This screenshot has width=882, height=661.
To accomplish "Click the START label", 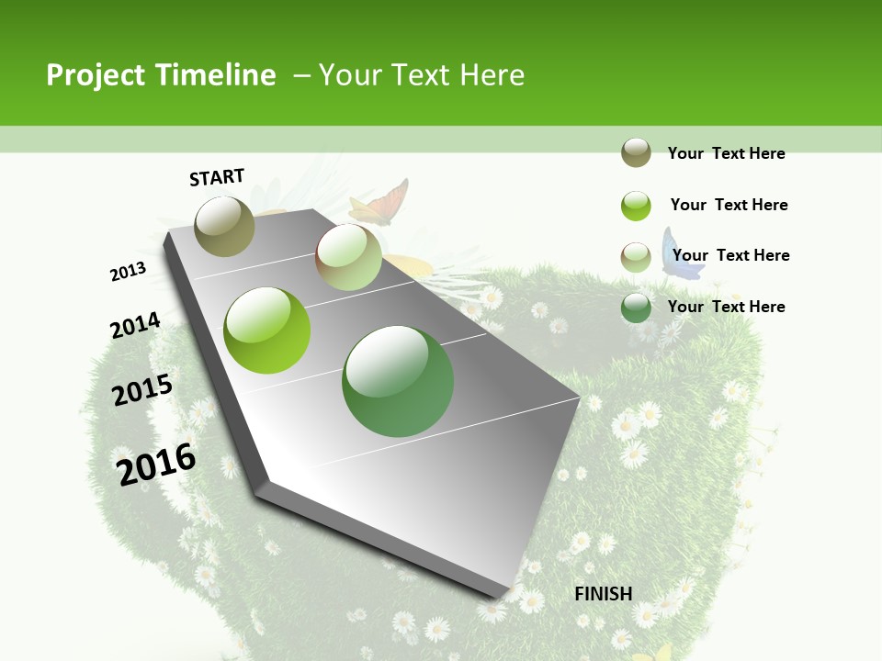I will pos(217,176).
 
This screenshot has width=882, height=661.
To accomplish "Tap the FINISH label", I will pos(603,594).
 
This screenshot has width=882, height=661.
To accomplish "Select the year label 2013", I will pos(128,272).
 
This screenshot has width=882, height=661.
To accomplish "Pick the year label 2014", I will pos(135,325).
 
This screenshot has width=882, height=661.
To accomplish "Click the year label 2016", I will pos(156,464).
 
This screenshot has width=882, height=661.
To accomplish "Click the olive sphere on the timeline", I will pos(225,226).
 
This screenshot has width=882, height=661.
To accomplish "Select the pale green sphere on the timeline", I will pos(348,257).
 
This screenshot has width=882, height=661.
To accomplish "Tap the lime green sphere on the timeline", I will pos(267,330).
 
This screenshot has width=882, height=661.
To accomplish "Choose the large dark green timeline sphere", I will pos(398,381).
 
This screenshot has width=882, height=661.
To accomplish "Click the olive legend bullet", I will pos(636,152).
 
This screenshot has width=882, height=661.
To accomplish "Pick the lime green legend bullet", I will pos(636,206).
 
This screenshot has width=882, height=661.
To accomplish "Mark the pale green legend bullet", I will pos(636,257).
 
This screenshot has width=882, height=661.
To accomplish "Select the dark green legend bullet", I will pos(636,308).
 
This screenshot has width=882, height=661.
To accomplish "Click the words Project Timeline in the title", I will pos(161,75).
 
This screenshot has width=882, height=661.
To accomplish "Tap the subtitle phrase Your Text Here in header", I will pos(422,75).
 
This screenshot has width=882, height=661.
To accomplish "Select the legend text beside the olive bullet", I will pos(726,153).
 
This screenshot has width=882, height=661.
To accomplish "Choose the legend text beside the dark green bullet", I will pos(726,307).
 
